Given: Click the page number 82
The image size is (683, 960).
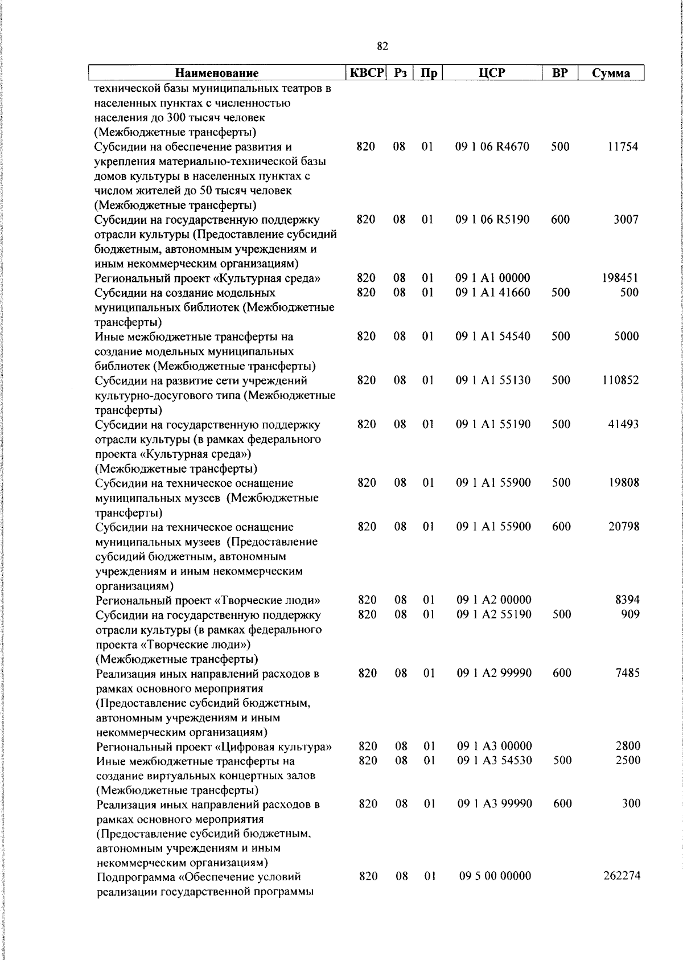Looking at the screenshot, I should coord(382,46).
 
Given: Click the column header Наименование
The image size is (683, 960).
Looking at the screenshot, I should coord(216,73).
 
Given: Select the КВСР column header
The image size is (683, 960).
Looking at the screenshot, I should coord(367,72).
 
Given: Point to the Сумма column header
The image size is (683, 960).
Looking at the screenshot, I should coord(611,73).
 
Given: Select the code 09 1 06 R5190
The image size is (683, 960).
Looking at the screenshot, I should coord(492,219).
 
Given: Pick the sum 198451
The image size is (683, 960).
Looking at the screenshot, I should coord(620,278).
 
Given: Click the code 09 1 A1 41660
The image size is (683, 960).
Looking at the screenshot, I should coord(493,292).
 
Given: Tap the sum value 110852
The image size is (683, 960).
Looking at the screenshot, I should coord(620,380).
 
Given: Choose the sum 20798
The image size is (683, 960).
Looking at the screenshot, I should coord(624,526).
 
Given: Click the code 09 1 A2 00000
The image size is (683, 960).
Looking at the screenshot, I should coord(494,600).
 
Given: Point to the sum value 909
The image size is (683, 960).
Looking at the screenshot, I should coord(630,614).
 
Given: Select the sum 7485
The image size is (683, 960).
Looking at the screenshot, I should coord(627,672).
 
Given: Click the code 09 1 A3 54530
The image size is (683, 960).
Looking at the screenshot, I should coord(495,760).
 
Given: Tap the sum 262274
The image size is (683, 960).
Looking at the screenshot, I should coord(622,876).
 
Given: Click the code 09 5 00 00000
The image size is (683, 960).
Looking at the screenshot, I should coord(495,876).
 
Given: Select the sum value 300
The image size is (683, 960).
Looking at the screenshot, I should coord(631,803).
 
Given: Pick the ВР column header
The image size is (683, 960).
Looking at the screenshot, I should coord(560,72).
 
